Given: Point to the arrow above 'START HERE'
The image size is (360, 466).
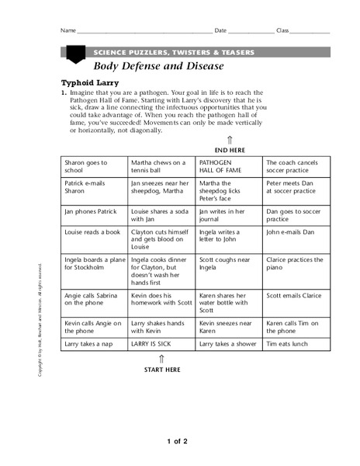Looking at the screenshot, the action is pyautogui.click(x=161, y=359).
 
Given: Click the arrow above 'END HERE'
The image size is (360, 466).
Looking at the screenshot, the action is pyautogui.click(x=230, y=140).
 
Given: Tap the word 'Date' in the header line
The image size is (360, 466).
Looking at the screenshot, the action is pyautogui.click(x=220, y=30).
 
